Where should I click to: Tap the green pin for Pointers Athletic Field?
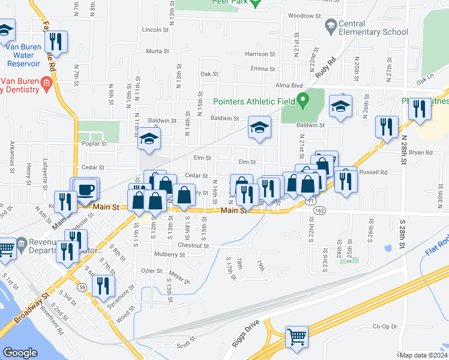[303, 99]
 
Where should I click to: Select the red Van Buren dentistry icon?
[46, 83]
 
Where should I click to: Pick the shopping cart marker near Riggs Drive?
[296, 337]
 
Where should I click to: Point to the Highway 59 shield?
[82, 288]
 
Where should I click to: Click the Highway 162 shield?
[319, 211]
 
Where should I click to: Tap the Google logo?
[20, 353]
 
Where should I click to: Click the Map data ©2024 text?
[424, 355]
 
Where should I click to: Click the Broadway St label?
[29, 308]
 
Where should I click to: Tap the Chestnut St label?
[193, 245]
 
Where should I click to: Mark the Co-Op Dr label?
[385, 326]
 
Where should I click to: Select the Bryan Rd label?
[420, 152]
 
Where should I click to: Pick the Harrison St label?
[260, 54]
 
